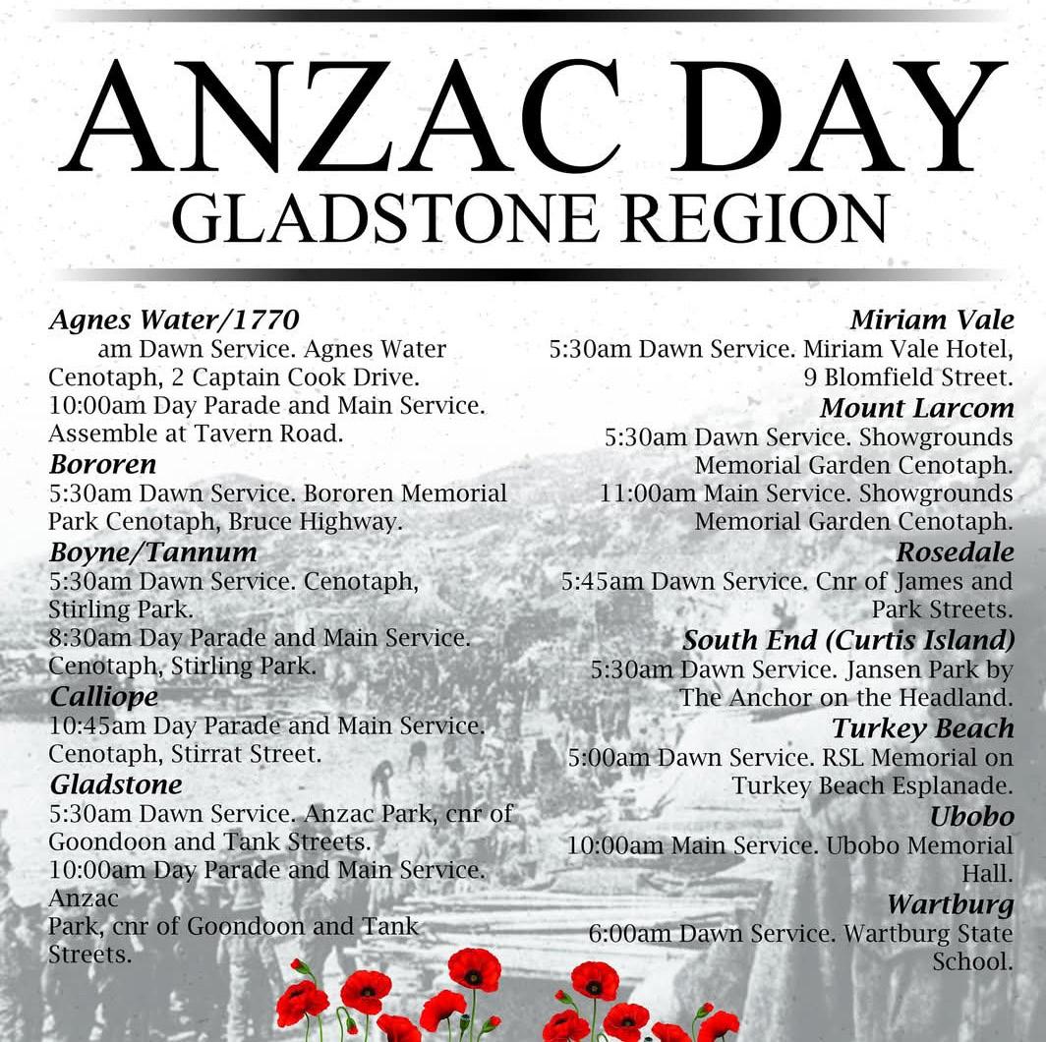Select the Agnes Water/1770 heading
174,320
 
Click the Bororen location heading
102,464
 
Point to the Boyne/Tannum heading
152,551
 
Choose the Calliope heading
103,697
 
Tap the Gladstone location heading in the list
116,784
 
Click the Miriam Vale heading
931,319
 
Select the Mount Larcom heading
916,407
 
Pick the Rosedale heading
954,553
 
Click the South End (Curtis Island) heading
848,640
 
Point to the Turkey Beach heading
922,728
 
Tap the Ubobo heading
971,816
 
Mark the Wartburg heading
950,903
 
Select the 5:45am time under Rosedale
598,582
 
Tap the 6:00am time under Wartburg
624,933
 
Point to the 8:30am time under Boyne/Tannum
83,638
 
